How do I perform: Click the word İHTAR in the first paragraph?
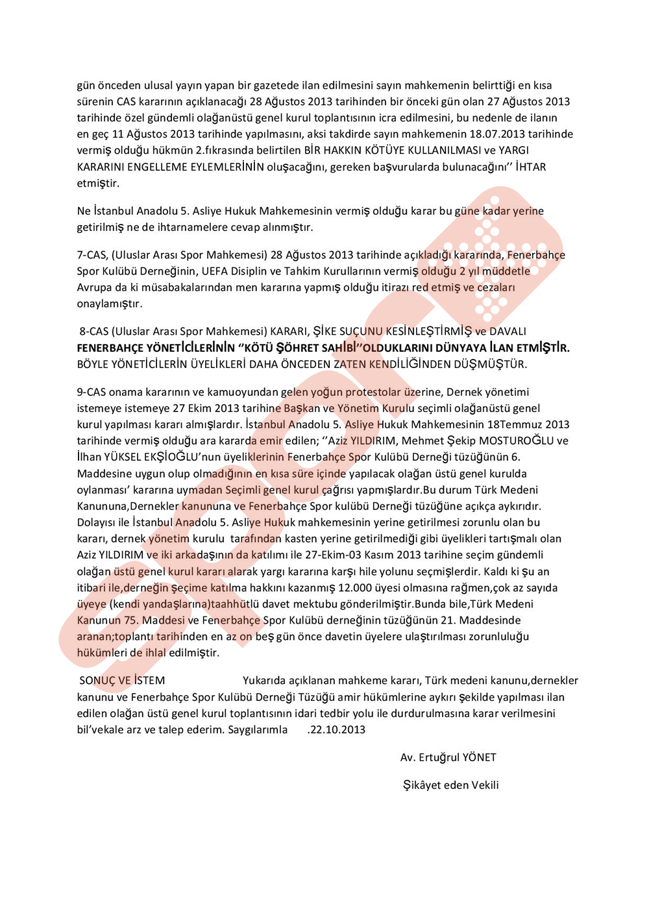point(531,167)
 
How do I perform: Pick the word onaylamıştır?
point(110,304)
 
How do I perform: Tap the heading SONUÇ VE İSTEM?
point(122,681)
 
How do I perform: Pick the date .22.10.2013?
point(336,729)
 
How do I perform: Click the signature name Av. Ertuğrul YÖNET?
point(448,757)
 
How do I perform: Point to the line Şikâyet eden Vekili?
point(450,785)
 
